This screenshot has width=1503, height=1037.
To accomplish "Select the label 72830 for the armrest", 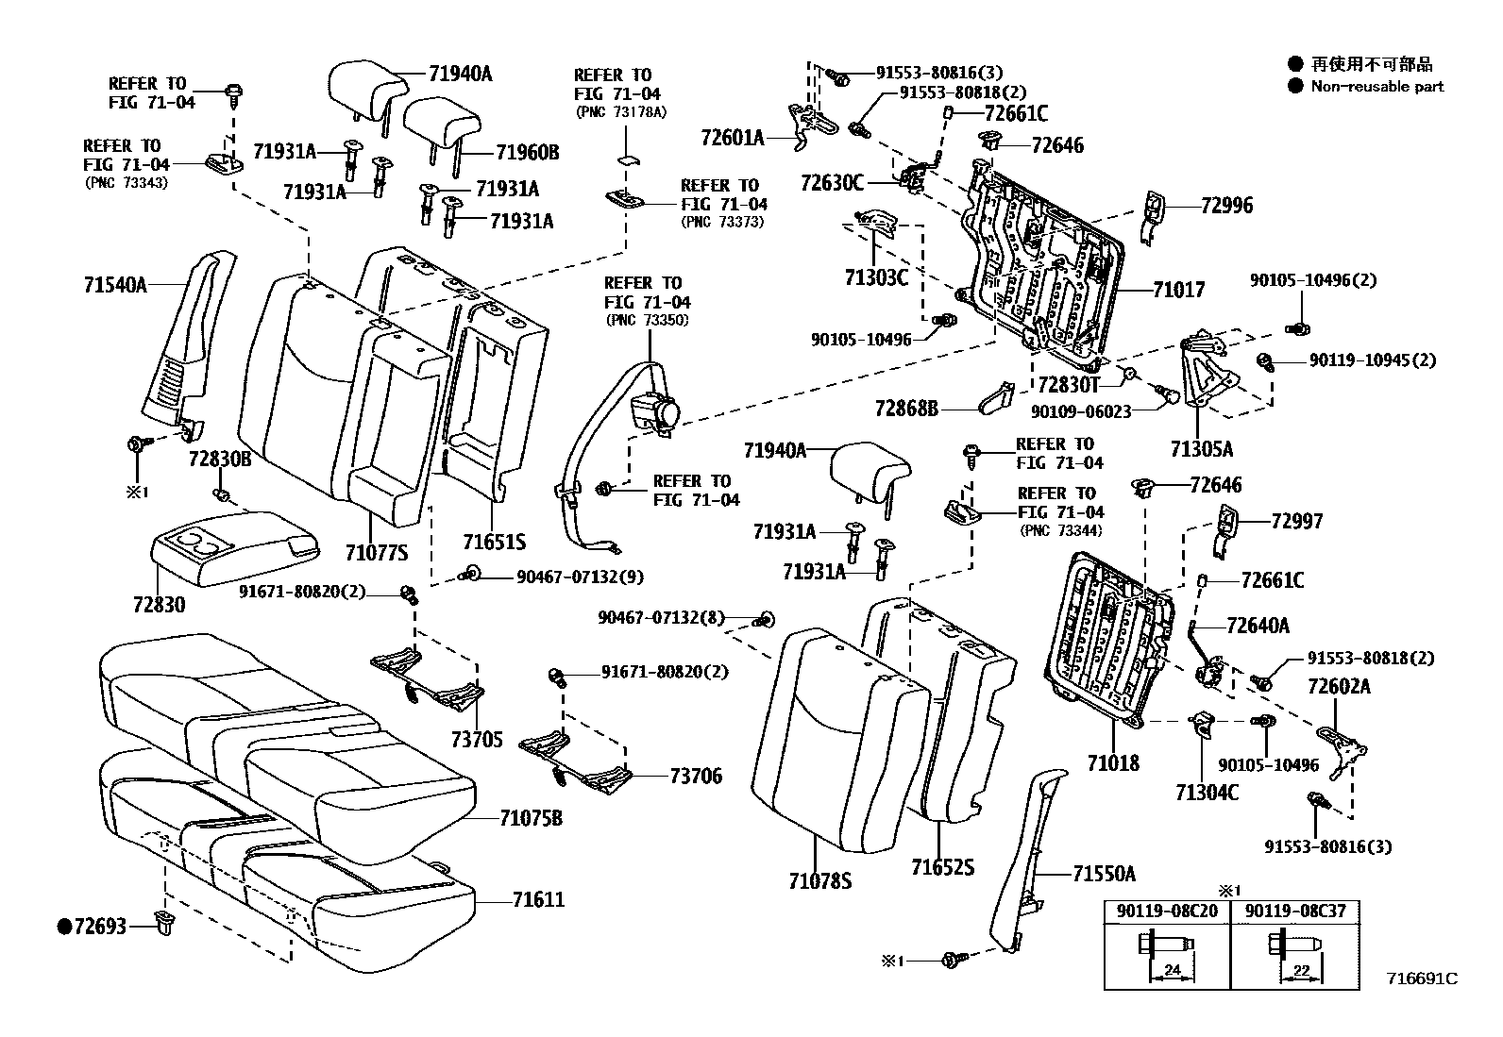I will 159,604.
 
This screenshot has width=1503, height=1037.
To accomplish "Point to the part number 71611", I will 538,899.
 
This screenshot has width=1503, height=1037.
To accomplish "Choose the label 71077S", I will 376,553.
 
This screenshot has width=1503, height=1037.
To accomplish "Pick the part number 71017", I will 1178,290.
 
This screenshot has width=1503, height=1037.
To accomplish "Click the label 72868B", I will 906,409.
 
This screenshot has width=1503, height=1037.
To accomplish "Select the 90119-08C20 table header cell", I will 1168,912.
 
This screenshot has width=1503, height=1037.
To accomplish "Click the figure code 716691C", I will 1422,978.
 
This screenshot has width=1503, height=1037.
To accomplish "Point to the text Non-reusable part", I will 1377,86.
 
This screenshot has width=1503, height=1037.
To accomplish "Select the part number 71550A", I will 1104,874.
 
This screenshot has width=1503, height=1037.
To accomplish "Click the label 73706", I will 696,776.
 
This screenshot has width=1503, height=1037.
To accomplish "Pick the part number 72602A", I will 1338,686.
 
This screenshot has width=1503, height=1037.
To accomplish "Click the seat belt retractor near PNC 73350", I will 653,412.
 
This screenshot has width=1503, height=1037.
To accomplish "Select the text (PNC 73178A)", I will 619,111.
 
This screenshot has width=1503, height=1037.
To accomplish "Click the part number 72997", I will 1296,521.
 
